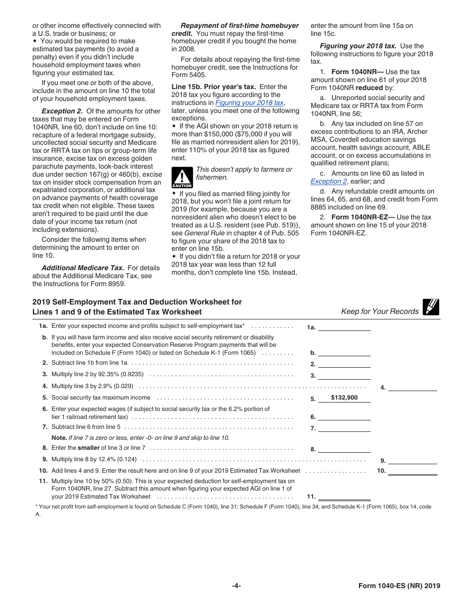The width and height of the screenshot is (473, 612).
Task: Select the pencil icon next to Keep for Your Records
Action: [x=431, y=307]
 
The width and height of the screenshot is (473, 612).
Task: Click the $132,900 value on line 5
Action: [x=344, y=398]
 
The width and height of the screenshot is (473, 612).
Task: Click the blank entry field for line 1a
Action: [x=344, y=327]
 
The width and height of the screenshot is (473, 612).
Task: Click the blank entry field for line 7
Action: [x=344, y=427]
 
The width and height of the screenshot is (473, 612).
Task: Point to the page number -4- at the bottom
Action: [x=236, y=586]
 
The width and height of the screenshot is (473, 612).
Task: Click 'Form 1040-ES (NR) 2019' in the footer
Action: [x=399, y=586]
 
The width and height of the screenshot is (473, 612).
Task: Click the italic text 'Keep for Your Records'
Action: [x=379, y=311]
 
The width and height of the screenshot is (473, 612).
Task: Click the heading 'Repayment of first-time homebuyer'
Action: [x=239, y=25]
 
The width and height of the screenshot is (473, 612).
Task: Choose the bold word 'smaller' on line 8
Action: [x=89, y=448]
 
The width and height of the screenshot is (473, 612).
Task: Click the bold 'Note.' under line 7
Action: [x=59, y=438]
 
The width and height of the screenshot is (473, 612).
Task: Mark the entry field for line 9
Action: [x=412, y=460]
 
